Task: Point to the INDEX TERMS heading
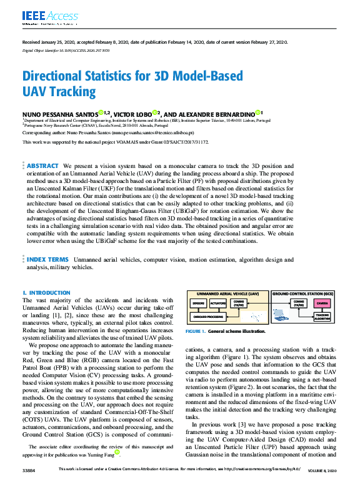tap(47, 259)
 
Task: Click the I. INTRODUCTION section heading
tap(46, 292)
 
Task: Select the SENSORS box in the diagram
tap(199, 303)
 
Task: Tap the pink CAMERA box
tap(322, 303)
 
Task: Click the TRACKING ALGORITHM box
tap(322, 317)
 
